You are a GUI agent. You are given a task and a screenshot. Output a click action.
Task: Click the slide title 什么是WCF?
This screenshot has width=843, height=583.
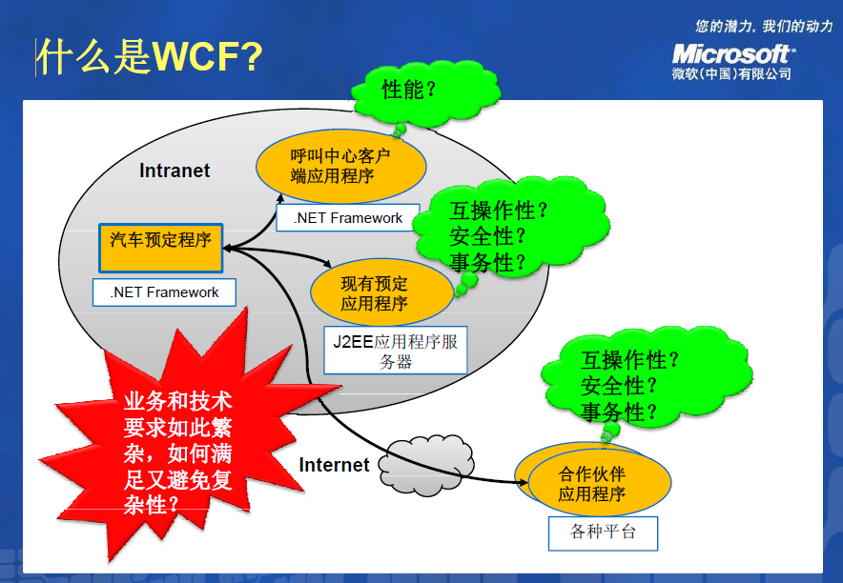[x=150, y=56]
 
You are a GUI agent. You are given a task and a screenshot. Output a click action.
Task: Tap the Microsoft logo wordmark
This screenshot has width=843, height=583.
[x=733, y=54]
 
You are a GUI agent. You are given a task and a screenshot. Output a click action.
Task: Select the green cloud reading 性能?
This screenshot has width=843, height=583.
[x=424, y=92]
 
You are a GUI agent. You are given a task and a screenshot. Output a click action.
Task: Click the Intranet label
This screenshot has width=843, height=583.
[x=175, y=171]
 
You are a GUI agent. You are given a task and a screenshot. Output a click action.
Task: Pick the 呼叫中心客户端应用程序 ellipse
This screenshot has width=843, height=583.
[x=340, y=166]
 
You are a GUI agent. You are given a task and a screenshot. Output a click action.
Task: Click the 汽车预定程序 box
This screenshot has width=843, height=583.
[x=161, y=248]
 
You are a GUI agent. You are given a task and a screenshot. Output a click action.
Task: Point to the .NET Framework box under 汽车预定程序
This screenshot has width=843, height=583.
[x=164, y=292]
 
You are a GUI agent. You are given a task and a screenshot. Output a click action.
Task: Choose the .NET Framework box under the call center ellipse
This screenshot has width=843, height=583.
[x=348, y=218]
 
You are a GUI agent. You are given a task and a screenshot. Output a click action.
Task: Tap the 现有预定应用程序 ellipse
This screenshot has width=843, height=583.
[x=381, y=292]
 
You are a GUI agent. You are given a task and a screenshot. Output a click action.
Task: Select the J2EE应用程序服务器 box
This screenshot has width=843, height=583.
[x=395, y=350]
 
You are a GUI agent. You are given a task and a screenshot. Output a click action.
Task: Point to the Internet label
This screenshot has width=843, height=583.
[x=334, y=465]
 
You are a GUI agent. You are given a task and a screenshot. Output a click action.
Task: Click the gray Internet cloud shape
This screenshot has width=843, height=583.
[x=426, y=464]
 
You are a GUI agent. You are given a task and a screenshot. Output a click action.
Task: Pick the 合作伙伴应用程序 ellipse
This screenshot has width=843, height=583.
[x=593, y=480]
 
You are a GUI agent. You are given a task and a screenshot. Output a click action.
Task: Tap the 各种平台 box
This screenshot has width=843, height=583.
[x=603, y=533]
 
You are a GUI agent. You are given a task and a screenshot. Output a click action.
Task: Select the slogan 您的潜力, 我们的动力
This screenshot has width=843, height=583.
[x=764, y=25]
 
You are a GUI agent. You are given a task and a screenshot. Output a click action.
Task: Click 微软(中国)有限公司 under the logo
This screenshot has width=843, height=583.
[x=731, y=73]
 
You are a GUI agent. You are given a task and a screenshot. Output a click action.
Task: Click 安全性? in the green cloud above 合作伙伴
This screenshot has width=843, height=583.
[x=618, y=386]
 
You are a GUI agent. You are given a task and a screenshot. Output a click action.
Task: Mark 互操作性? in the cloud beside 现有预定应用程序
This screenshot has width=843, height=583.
[x=498, y=211]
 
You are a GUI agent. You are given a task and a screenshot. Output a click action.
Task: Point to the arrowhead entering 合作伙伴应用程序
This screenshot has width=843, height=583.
[x=523, y=482]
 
